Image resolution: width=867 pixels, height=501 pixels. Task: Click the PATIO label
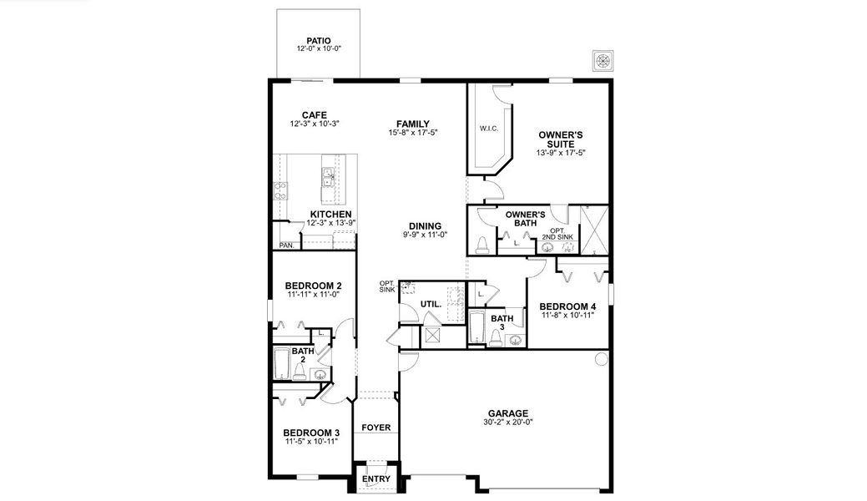(x=318, y=40)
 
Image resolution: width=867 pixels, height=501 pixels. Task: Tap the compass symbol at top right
(x=602, y=61)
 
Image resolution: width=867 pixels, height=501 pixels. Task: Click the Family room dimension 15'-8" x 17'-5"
(x=413, y=133)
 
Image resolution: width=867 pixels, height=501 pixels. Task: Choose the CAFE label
(x=315, y=115)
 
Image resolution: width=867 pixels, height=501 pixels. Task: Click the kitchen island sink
(x=328, y=176)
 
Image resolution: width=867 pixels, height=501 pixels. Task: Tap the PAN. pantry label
(x=286, y=245)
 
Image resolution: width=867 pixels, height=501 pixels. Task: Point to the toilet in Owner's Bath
(x=482, y=245)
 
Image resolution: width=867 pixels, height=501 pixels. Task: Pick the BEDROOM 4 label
(x=567, y=306)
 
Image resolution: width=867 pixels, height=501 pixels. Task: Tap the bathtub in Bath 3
(x=476, y=329)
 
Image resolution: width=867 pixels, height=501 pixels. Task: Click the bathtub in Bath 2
(x=281, y=364)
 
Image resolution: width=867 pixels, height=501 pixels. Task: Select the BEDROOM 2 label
(x=313, y=286)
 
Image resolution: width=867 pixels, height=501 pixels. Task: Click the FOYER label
(x=376, y=428)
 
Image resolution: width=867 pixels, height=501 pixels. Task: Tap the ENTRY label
(x=376, y=478)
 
